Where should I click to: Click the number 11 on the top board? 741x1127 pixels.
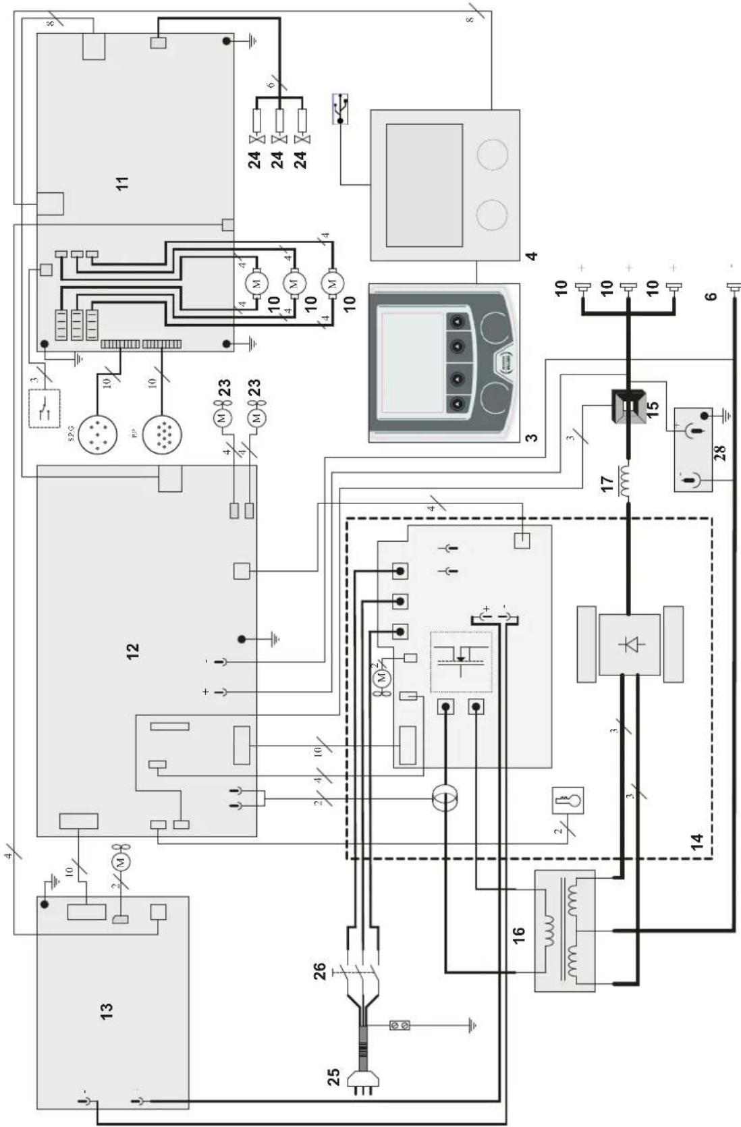tap(121, 183)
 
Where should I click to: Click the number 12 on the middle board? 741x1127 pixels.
tap(133, 651)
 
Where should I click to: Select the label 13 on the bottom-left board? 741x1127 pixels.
tap(107, 1011)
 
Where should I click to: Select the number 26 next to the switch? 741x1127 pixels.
tap(320, 970)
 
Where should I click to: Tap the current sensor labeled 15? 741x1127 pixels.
tap(628, 405)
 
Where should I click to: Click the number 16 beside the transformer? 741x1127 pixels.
tap(518, 936)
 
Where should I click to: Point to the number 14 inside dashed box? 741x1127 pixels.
tap(696, 840)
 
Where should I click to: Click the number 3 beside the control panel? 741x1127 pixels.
tap(532, 437)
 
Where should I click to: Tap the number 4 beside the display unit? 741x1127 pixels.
tap(532, 256)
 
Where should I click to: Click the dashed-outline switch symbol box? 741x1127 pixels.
tap(43, 408)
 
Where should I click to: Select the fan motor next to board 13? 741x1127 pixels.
tap(121, 861)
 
